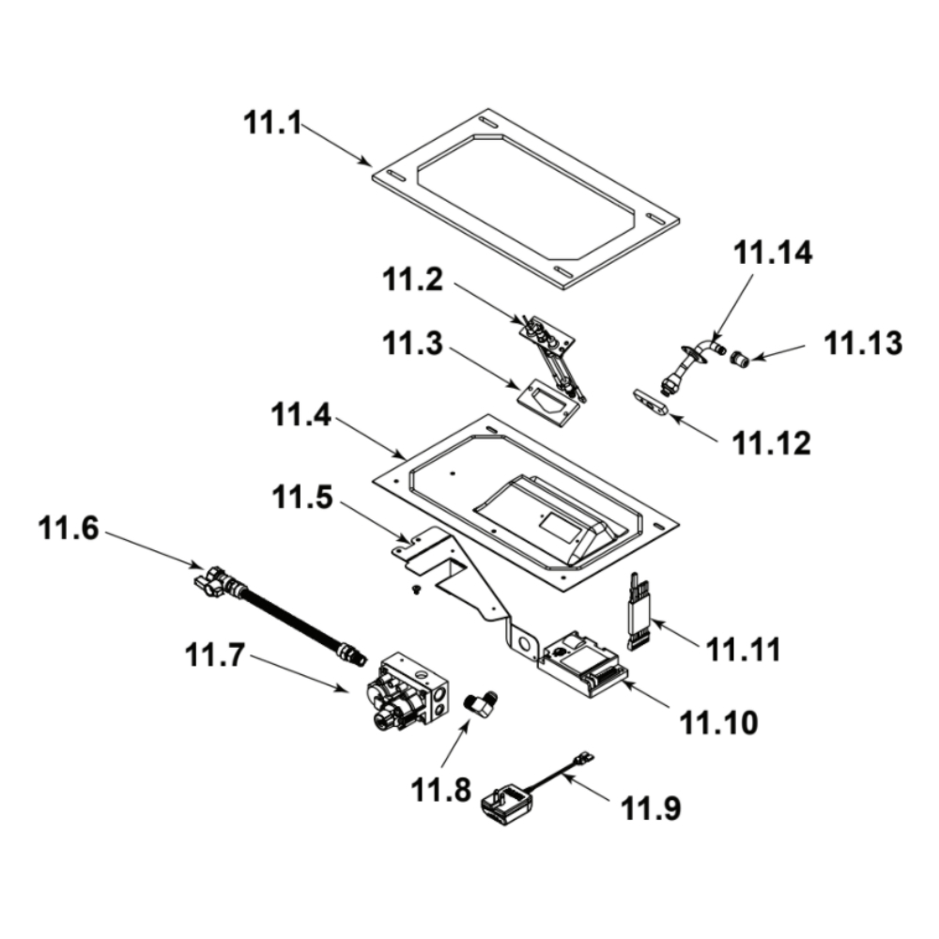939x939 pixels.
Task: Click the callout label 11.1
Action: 273,122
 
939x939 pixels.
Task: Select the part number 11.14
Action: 773,253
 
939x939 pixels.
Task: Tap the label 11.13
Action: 863,344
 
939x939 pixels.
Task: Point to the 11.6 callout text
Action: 68,530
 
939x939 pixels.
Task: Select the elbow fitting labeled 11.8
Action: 484,700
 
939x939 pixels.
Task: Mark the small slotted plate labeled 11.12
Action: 649,403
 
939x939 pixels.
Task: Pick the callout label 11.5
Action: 304,499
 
